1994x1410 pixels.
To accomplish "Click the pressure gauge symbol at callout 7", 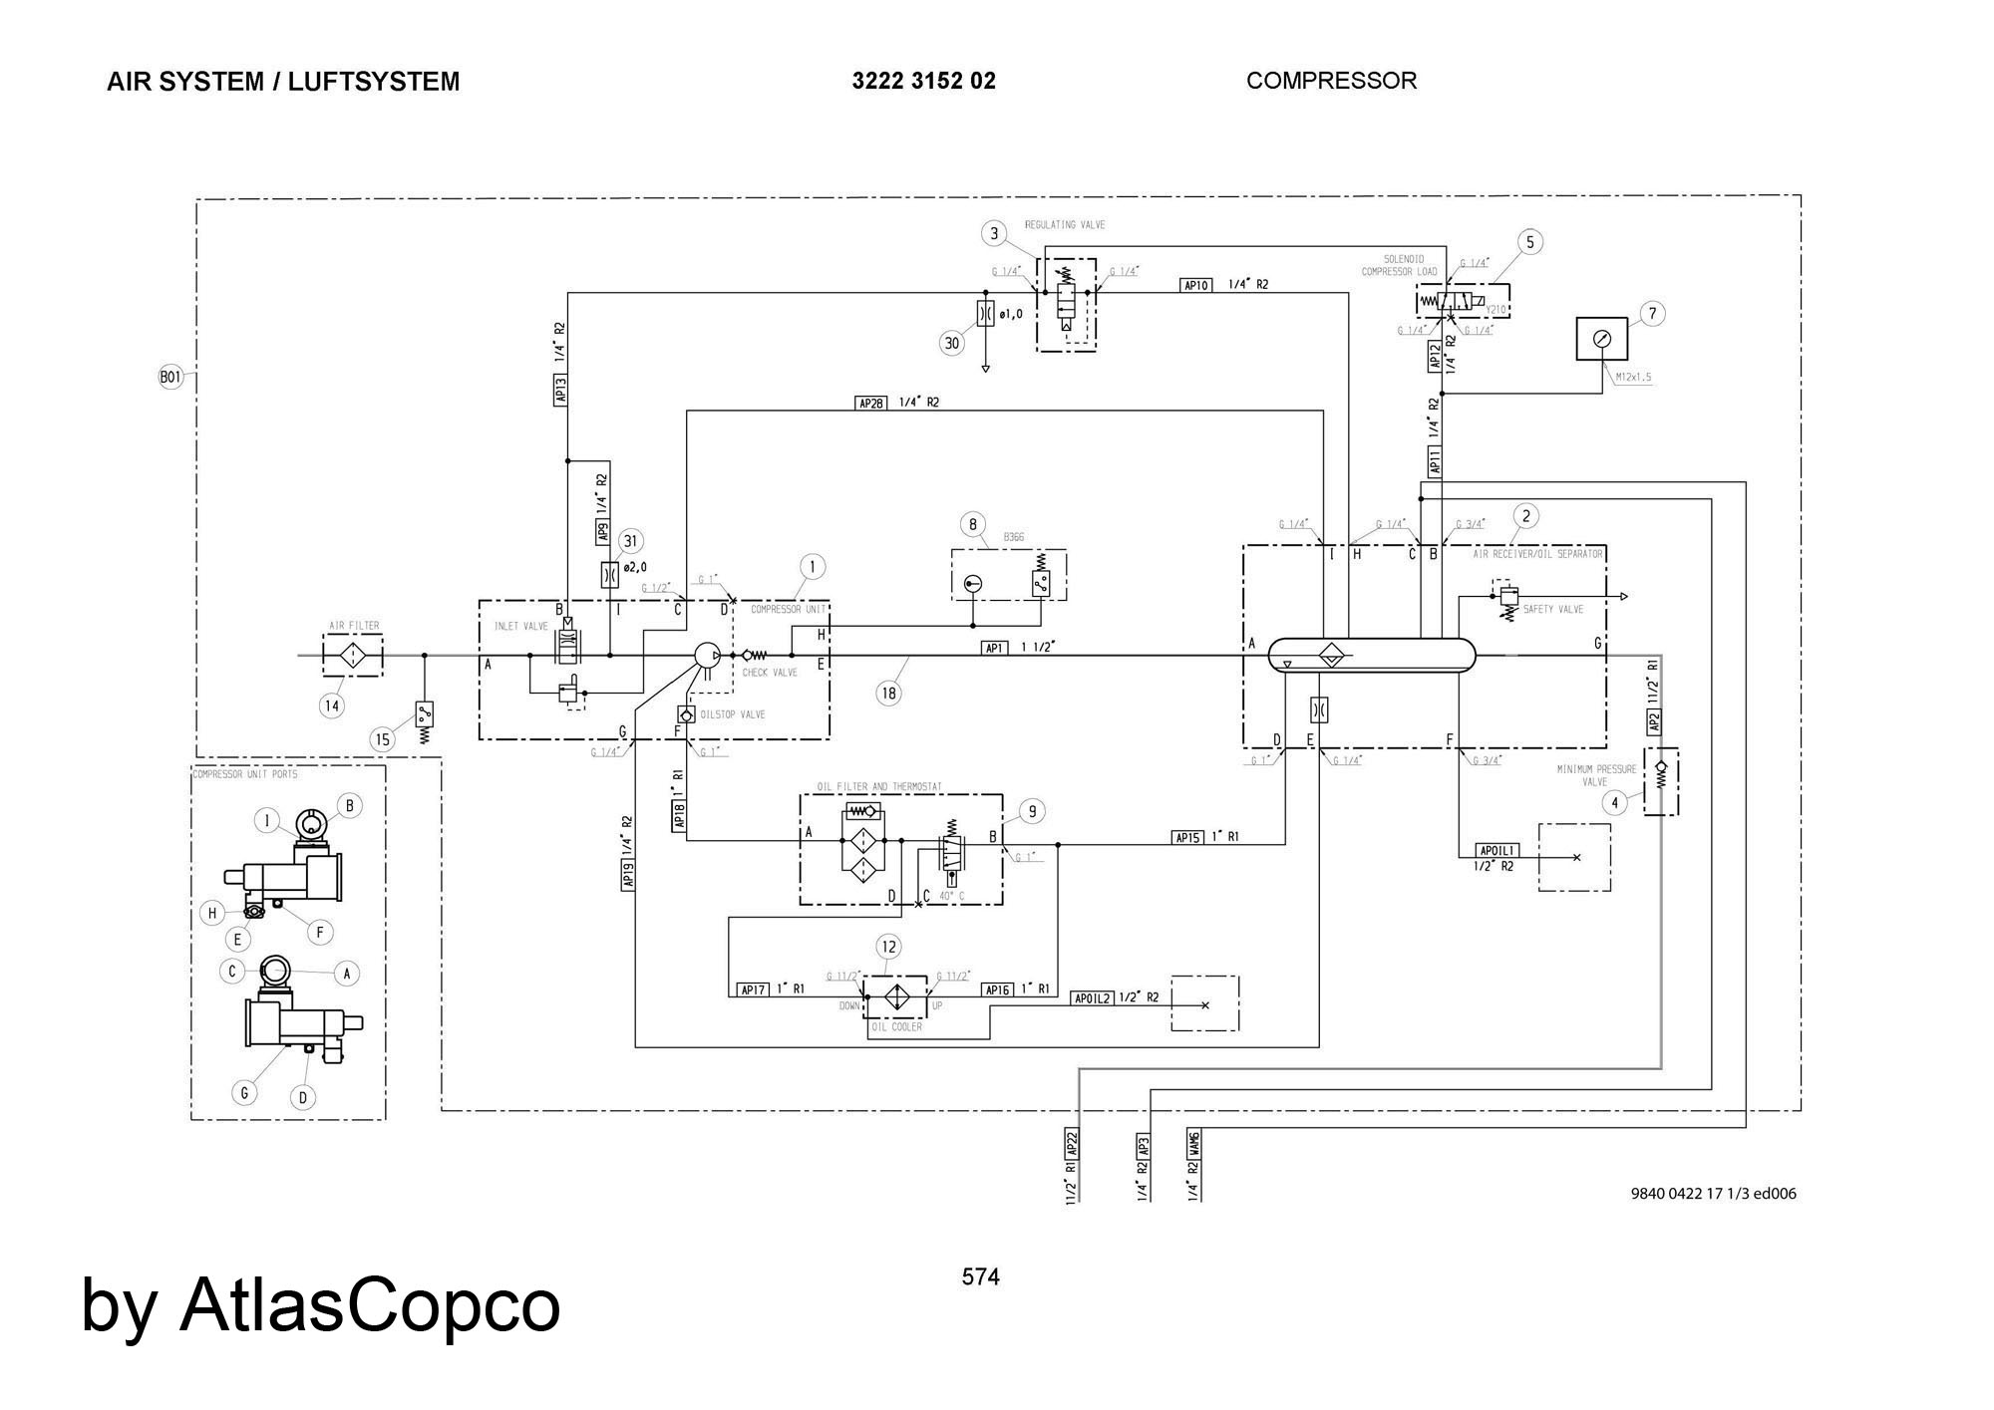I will click(1601, 339).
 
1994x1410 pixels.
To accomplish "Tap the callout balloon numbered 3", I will click(994, 233).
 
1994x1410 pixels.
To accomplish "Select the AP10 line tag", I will click(1195, 285).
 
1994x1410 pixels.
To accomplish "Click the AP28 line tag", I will click(870, 403).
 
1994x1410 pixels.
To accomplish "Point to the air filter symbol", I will click(353, 656).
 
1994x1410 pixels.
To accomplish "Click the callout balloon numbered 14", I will click(332, 705).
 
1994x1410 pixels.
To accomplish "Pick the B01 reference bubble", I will click(171, 378).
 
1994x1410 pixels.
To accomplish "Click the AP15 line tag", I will click(1187, 837).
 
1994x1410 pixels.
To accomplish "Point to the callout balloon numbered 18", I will click(888, 693).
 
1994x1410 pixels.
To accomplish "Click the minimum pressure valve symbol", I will click(1660, 781).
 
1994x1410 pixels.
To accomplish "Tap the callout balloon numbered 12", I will click(888, 946).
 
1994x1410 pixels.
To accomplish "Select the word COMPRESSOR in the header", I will click(1331, 81).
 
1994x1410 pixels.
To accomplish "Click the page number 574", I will click(980, 1276).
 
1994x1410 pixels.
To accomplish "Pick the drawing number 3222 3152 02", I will click(923, 81).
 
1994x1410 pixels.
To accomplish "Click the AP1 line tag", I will click(994, 648).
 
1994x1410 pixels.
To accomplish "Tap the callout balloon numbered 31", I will click(630, 541).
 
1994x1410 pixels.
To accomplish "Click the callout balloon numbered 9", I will click(1032, 811).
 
